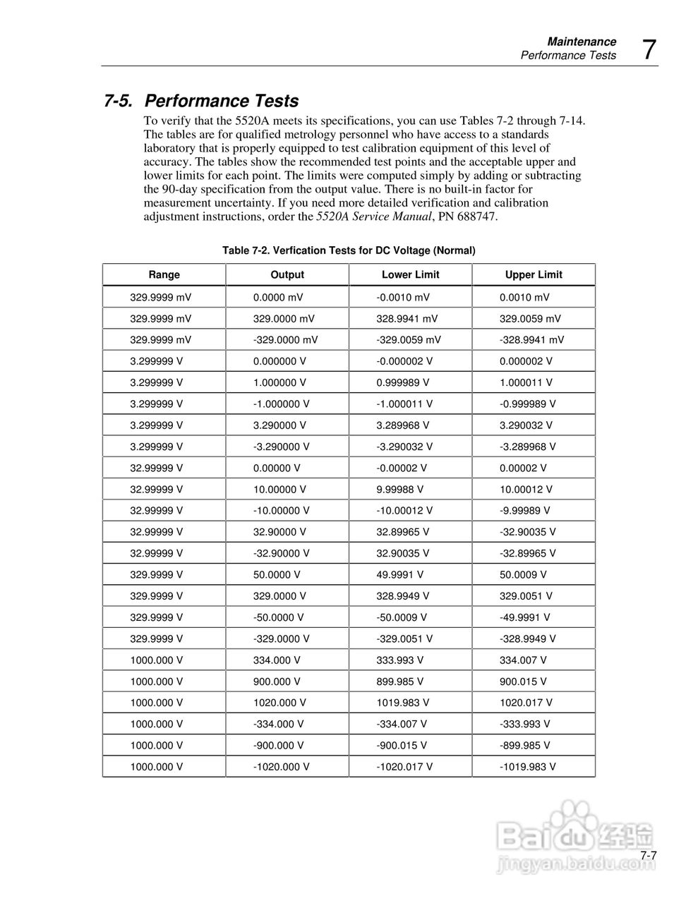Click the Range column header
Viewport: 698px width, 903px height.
(x=164, y=274)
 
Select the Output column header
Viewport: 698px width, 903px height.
(x=287, y=274)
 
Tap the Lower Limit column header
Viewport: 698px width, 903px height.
(x=410, y=274)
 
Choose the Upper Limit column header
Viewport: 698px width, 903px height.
(x=534, y=274)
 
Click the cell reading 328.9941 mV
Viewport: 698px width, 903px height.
(x=407, y=318)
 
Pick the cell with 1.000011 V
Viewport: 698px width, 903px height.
(x=526, y=382)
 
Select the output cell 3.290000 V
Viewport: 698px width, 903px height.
(x=279, y=425)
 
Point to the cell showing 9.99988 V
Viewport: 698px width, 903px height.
(x=399, y=489)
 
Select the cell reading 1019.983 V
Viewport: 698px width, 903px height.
(x=402, y=703)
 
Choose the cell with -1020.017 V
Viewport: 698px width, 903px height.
(x=404, y=766)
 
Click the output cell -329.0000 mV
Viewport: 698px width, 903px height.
(x=285, y=339)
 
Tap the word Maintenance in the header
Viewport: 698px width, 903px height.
(x=582, y=42)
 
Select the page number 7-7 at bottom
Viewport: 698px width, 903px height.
(x=649, y=856)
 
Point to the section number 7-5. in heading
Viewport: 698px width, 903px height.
(x=119, y=101)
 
